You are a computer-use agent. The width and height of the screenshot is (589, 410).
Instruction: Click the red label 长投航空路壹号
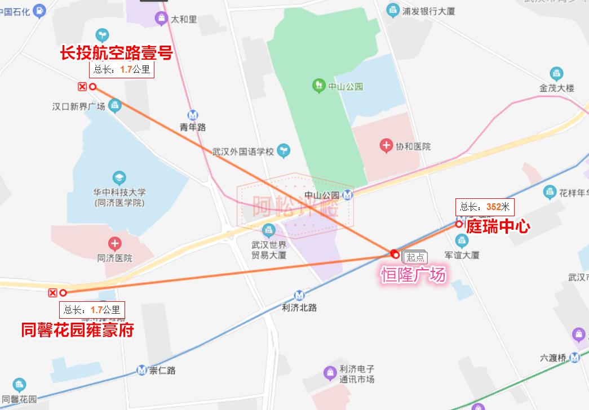coord(116,53)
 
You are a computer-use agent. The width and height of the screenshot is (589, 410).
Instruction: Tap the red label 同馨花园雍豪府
coord(77,329)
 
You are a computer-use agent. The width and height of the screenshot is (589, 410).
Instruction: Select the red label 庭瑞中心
coord(498,226)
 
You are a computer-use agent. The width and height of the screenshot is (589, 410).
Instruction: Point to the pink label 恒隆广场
coord(414,274)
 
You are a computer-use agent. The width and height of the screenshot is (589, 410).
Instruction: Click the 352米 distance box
coord(485,207)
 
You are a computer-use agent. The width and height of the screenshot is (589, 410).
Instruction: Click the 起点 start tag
coord(416,257)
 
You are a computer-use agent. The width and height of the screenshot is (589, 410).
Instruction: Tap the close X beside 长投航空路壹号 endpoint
coord(82,86)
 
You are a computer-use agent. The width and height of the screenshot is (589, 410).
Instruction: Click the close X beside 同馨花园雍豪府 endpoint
coord(53,292)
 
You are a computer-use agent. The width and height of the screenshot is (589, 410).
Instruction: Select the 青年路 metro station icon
coord(193,114)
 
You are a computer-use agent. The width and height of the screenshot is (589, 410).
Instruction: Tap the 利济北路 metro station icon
coord(299,295)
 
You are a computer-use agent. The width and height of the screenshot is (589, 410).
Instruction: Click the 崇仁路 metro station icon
coord(142,370)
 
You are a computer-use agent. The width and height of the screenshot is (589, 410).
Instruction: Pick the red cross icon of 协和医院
coord(386,146)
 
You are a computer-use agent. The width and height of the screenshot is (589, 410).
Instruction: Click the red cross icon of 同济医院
coord(114,244)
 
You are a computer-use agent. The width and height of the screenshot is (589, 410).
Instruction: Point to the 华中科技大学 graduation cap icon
coord(119,179)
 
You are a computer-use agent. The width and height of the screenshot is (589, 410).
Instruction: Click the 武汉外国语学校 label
coord(243,151)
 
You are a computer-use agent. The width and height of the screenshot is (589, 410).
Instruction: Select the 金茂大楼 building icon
coord(556,74)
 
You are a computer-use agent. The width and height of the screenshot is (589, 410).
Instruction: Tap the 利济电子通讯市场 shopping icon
coord(330,372)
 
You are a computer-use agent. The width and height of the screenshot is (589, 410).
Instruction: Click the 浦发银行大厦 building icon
coord(393,10)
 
